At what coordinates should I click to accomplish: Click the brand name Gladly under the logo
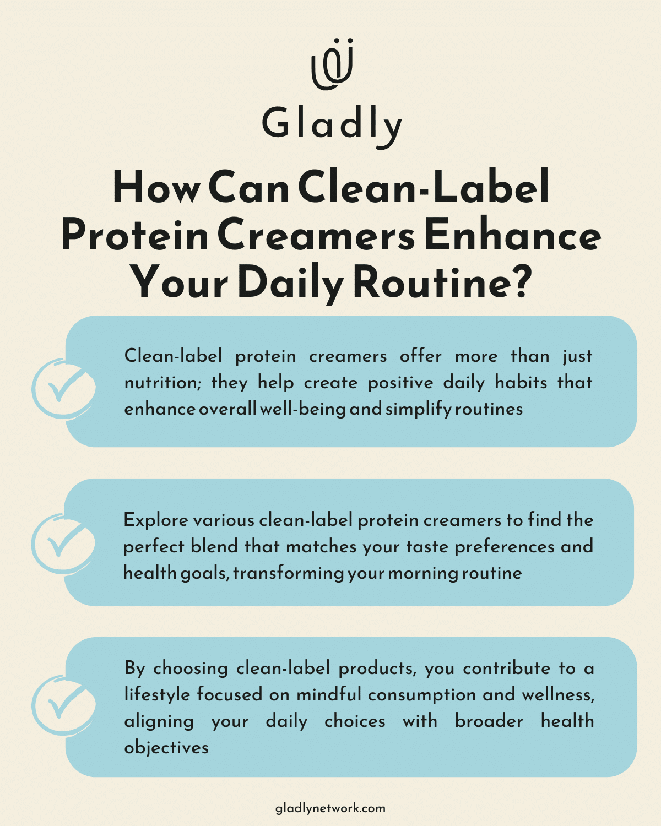point(332,124)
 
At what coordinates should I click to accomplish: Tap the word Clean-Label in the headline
point(424,187)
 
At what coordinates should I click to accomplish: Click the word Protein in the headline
point(134,236)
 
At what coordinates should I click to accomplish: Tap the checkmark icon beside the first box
point(63,388)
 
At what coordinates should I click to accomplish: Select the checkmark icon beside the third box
point(63,704)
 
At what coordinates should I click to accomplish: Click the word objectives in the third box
point(166,748)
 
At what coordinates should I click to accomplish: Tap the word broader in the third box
point(489,721)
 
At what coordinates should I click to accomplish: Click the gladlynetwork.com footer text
point(330,808)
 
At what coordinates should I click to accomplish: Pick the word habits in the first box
point(521,383)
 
